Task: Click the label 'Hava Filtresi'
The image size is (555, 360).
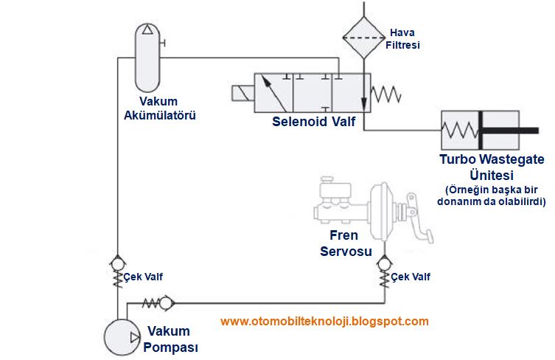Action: (404, 39)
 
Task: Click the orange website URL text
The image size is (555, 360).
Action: (324, 321)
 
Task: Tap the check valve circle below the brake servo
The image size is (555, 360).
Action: (384, 261)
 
